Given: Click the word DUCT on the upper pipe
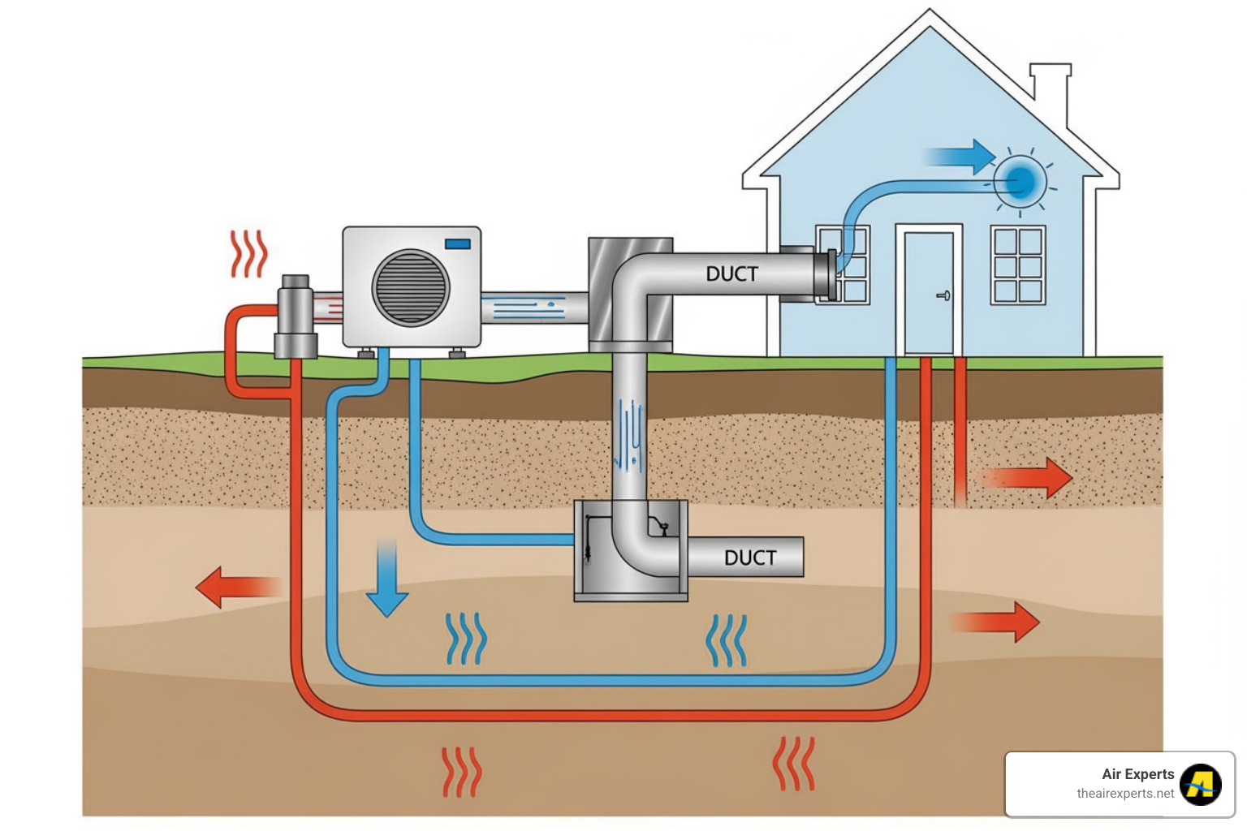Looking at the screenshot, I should tap(731, 274).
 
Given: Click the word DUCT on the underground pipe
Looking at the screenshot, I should tap(750, 558).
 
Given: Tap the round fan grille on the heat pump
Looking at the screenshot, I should tap(410, 287).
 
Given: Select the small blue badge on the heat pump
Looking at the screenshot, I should tap(457, 243).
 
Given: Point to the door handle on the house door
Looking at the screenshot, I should tap(943, 295).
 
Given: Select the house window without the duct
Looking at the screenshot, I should tap(1017, 265).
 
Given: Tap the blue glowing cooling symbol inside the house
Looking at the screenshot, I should tap(1020, 181).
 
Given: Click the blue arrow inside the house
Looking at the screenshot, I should tap(961, 157).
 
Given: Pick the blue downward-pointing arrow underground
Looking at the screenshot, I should tap(386, 580).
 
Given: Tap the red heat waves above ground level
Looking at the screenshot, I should tap(248, 254).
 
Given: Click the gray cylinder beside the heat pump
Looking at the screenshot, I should tap(295, 317).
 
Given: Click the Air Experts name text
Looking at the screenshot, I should tap(1137, 774).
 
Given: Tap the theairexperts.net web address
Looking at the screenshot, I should tap(1124, 794).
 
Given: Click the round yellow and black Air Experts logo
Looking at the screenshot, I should tap(1200, 784).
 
